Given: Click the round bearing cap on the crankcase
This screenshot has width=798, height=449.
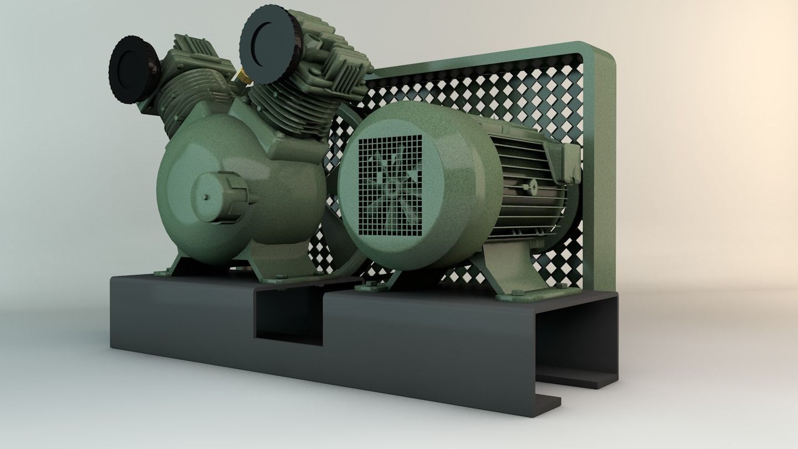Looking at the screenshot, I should [x=219, y=196].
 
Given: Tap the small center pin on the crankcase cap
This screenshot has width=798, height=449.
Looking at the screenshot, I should [x=206, y=197].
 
